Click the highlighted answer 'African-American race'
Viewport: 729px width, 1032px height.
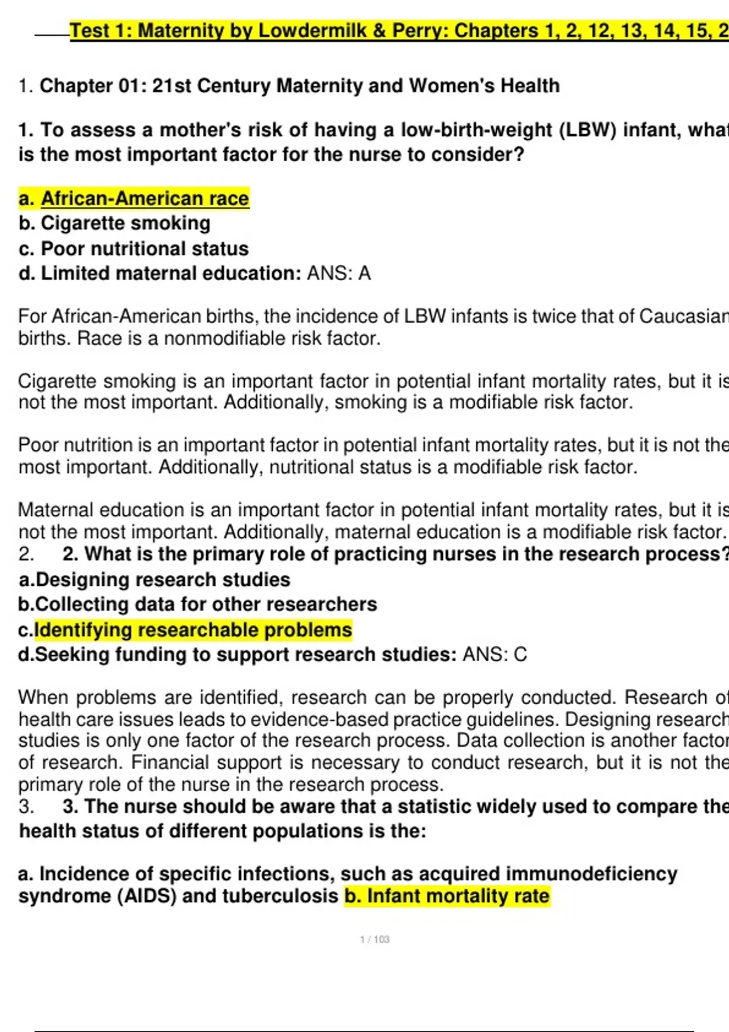coord(145,199)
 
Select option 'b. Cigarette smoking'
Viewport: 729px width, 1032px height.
coord(114,223)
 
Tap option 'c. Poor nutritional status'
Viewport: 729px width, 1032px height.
coord(134,249)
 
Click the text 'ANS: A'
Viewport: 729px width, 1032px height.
coord(338,274)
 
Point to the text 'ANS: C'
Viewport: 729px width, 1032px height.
coord(495,654)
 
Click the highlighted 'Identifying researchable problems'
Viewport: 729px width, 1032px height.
coord(193,630)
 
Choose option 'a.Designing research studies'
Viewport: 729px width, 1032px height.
coord(154,580)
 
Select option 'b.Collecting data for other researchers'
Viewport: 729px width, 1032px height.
coord(197,605)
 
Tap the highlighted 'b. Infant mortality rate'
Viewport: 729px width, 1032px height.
coord(447,896)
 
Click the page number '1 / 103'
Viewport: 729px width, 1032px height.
coord(375,939)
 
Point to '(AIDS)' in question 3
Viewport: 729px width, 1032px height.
coord(147,896)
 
